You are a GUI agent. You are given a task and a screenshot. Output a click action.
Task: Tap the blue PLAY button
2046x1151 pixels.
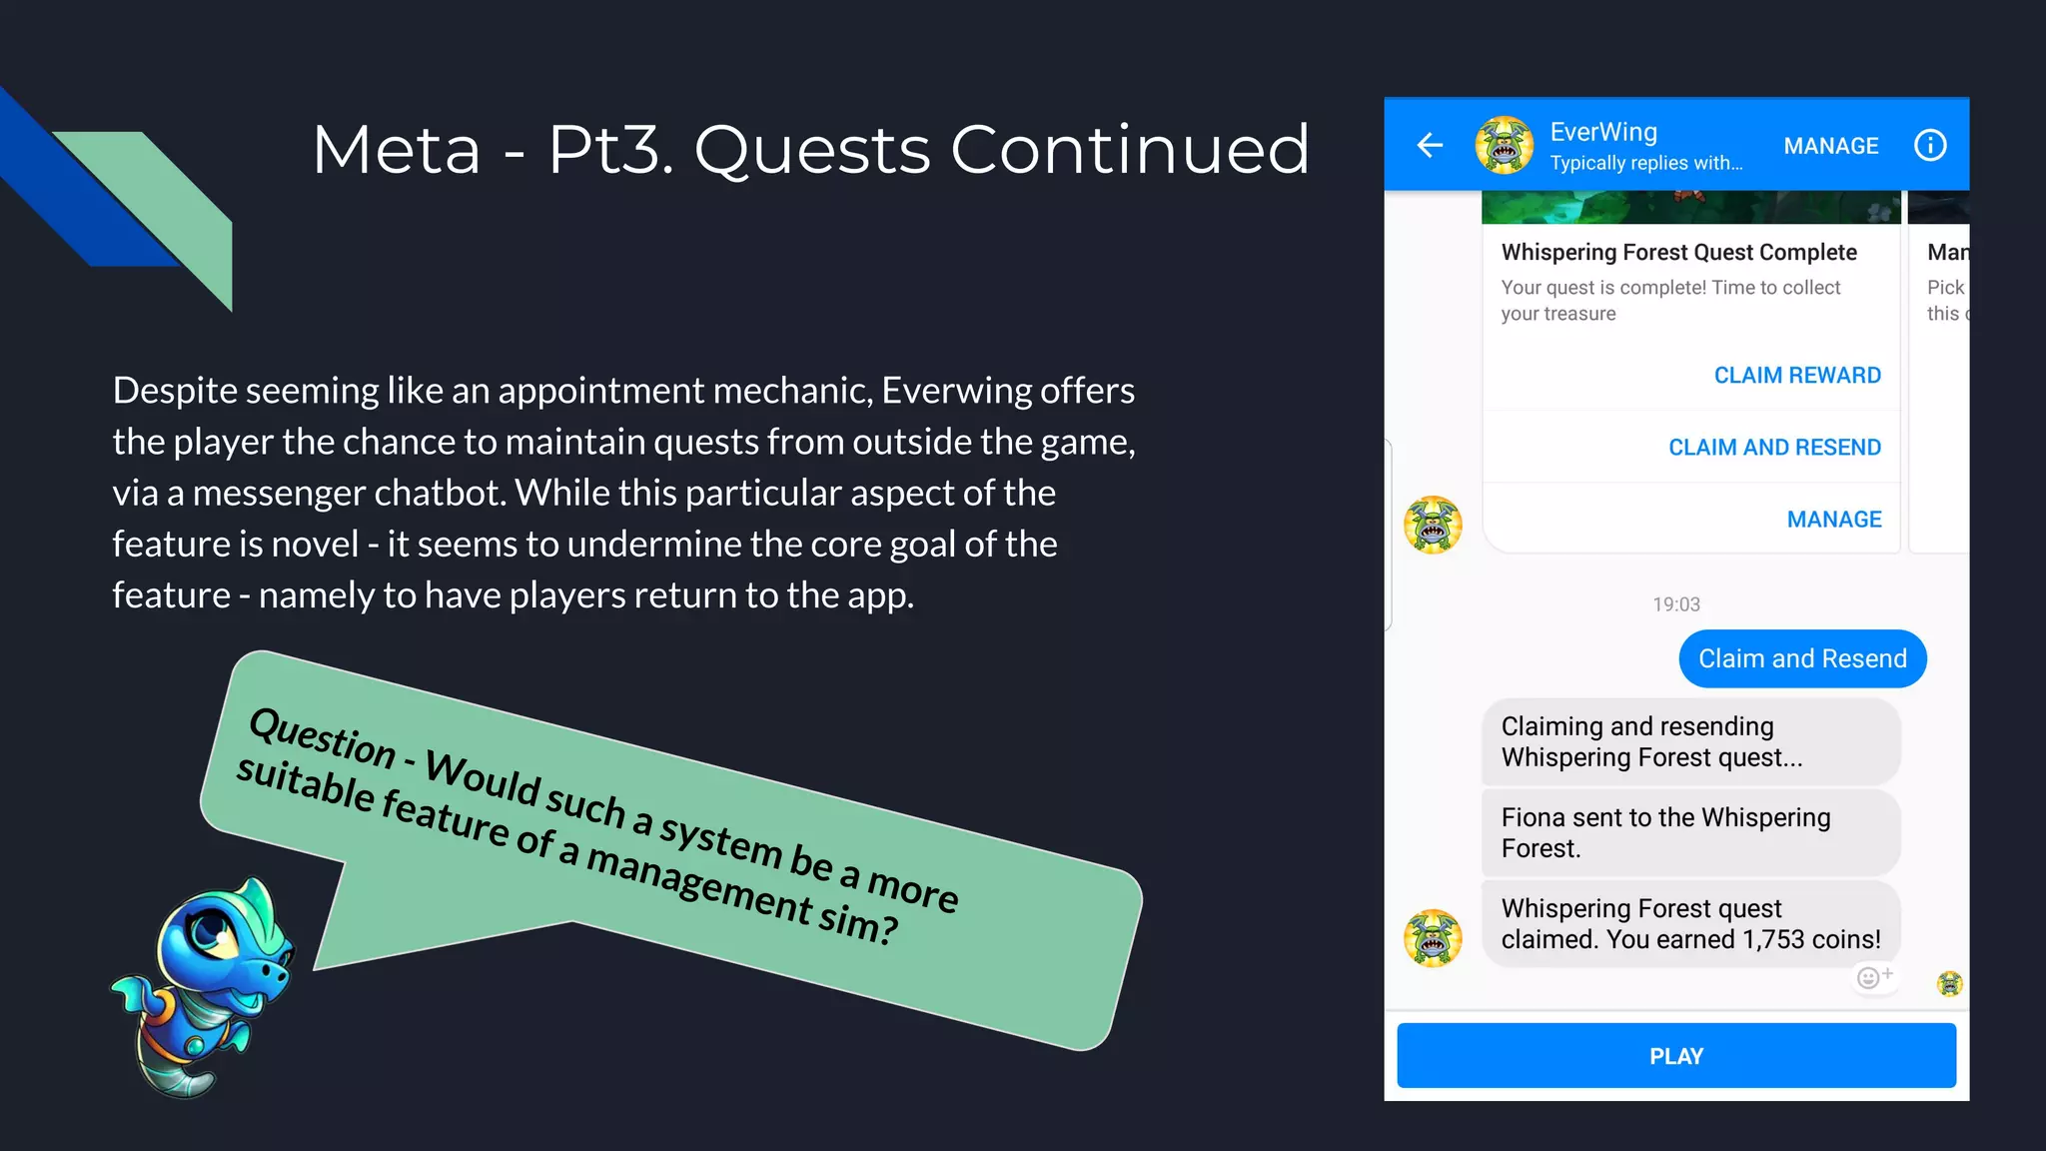click(1675, 1055)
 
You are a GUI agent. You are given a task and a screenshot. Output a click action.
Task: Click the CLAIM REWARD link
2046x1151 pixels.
click(1796, 375)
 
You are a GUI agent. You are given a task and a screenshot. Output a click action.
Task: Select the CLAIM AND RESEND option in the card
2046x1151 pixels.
click(1774, 447)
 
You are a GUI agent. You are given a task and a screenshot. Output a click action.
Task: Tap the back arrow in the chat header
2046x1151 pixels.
click(1430, 146)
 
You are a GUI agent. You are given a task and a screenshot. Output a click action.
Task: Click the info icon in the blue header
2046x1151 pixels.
click(1929, 146)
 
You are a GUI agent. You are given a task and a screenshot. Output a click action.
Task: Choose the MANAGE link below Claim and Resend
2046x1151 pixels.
click(1833, 519)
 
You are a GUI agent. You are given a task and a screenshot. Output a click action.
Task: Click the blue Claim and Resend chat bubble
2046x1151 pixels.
click(1801, 658)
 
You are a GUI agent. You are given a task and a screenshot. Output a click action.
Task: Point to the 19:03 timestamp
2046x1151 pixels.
click(1675, 604)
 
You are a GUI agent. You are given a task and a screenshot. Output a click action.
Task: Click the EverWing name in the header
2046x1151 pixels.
click(1602, 132)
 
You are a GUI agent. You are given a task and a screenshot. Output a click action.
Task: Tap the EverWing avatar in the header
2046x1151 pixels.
click(1504, 146)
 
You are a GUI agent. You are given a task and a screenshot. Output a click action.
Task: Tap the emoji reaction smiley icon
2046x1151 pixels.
click(1868, 977)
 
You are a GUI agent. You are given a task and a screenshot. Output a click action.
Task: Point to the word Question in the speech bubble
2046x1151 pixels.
click(322, 737)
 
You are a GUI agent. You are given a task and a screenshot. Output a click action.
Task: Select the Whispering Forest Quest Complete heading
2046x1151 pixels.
click(1678, 252)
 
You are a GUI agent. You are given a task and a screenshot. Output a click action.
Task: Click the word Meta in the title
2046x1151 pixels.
click(397, 150)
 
